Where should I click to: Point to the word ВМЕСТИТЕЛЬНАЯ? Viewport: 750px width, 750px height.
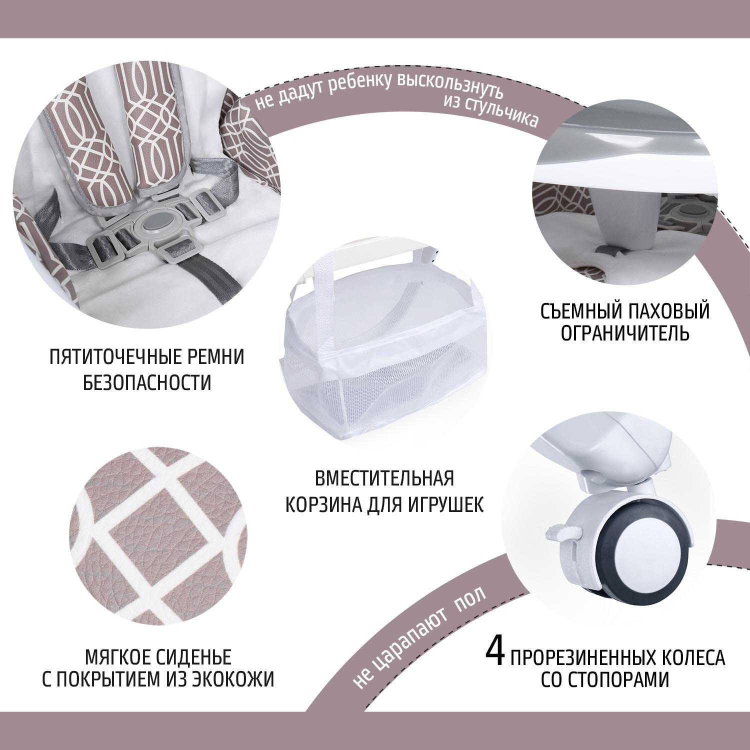[x=384, y=478]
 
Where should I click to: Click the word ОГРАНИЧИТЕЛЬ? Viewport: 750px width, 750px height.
[x=625, y=332]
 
